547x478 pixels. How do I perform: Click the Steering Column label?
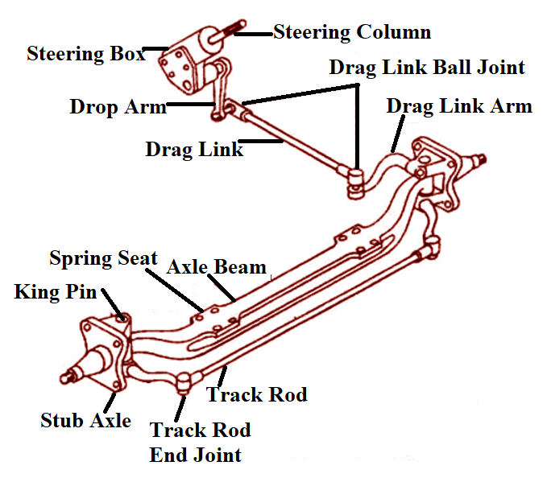tap(352, 32)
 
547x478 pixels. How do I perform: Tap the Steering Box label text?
tap(85, 55)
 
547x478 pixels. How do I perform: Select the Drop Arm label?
tap(117, 106)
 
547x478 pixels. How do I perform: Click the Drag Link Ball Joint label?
tap(426, 67)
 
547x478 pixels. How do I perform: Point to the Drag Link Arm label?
tap(458, 106)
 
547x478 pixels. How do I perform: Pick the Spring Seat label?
tap(103, 258)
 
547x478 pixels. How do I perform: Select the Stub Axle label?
tap(85, 420)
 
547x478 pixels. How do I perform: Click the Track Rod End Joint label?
tap(200, 442)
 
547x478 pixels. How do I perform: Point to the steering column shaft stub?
tap(233, 34)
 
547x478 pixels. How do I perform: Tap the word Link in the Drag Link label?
tap(220, 150)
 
